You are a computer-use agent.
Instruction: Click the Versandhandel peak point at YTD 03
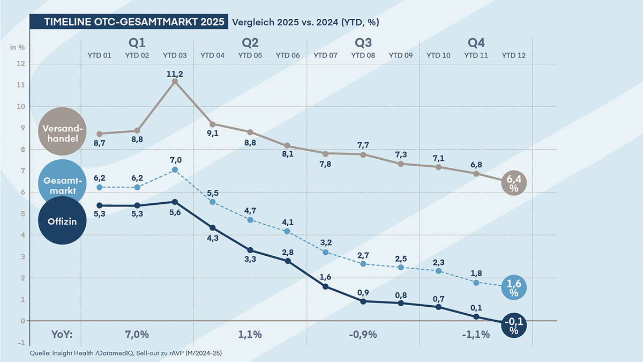pos(175,82)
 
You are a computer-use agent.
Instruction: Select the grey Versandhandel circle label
pos(62,130)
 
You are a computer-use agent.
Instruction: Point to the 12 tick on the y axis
pos(21,64)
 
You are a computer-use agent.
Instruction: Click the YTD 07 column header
pos(325,55)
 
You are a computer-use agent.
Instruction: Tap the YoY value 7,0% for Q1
pos(137,335)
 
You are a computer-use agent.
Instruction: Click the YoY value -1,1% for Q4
pos(475,335)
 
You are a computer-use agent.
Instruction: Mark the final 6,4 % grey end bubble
pos(513,184)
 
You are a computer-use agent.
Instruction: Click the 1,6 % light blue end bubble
pos(513,288)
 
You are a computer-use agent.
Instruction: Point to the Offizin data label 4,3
pos(213,240)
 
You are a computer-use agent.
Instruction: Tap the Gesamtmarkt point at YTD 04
pos(213,202)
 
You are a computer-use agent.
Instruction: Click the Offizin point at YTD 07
pos(325,286)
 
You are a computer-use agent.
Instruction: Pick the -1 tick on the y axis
pos(21,342)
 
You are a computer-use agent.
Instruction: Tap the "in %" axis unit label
pos(18,47)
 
